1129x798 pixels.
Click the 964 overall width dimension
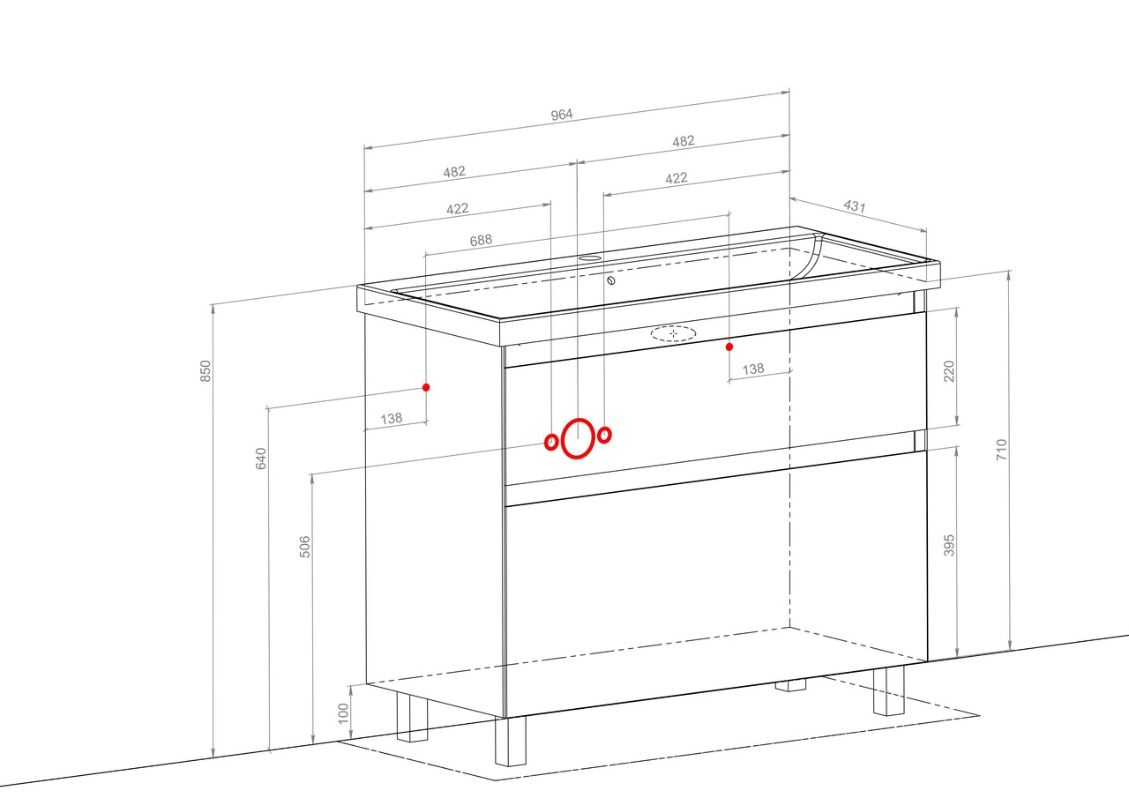562,115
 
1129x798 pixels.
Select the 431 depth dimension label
855,206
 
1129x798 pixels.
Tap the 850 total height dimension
206,371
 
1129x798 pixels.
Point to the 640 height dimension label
260,459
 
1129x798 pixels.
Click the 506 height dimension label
305,547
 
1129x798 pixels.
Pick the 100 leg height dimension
343,713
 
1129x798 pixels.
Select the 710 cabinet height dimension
1001,450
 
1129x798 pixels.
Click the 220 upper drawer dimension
949,371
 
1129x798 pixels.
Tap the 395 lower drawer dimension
949,546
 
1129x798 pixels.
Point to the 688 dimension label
481,241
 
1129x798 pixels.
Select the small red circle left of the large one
551,443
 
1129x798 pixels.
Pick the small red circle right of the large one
605,434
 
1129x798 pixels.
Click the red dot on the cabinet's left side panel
426,387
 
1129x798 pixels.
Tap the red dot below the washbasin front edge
729,347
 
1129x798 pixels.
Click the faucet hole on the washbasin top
590,258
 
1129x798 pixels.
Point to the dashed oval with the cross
673,333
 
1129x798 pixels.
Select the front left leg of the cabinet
510,741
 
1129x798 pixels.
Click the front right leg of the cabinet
889,690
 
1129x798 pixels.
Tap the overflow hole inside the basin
611,280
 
